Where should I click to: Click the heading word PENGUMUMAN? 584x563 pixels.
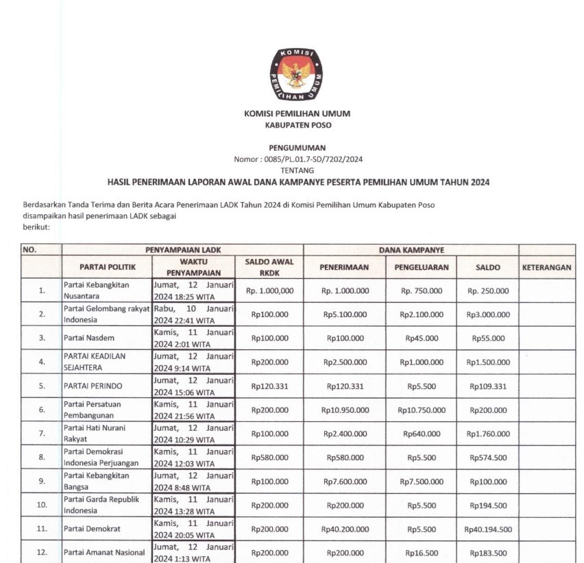(x=297, y=147)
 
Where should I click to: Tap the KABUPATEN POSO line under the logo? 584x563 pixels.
(x=297, y=125)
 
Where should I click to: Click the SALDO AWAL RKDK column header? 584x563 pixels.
(x=269, y=267)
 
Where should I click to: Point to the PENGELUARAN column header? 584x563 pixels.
(x=422, y=267)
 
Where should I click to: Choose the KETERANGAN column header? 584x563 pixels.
(x=546, y=267)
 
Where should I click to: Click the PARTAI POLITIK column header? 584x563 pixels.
(x=108, y=267)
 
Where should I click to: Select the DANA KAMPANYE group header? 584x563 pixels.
(x=411, y=251)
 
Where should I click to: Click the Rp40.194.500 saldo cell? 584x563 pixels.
(x=488, y=529)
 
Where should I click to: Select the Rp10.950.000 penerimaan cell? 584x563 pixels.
(x=345, y=410)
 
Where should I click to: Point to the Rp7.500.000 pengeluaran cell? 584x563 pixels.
(x=422, y=481)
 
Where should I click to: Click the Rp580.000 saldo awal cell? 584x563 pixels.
(x=269, y=457)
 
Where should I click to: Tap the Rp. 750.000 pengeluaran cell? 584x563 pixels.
(x=422, y=290)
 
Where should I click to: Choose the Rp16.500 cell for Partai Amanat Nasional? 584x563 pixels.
(x=422, y=553)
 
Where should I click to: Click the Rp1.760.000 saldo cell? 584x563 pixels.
(x=488, y=434)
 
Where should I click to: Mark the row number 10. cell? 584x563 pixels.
(x=42, y=505)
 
